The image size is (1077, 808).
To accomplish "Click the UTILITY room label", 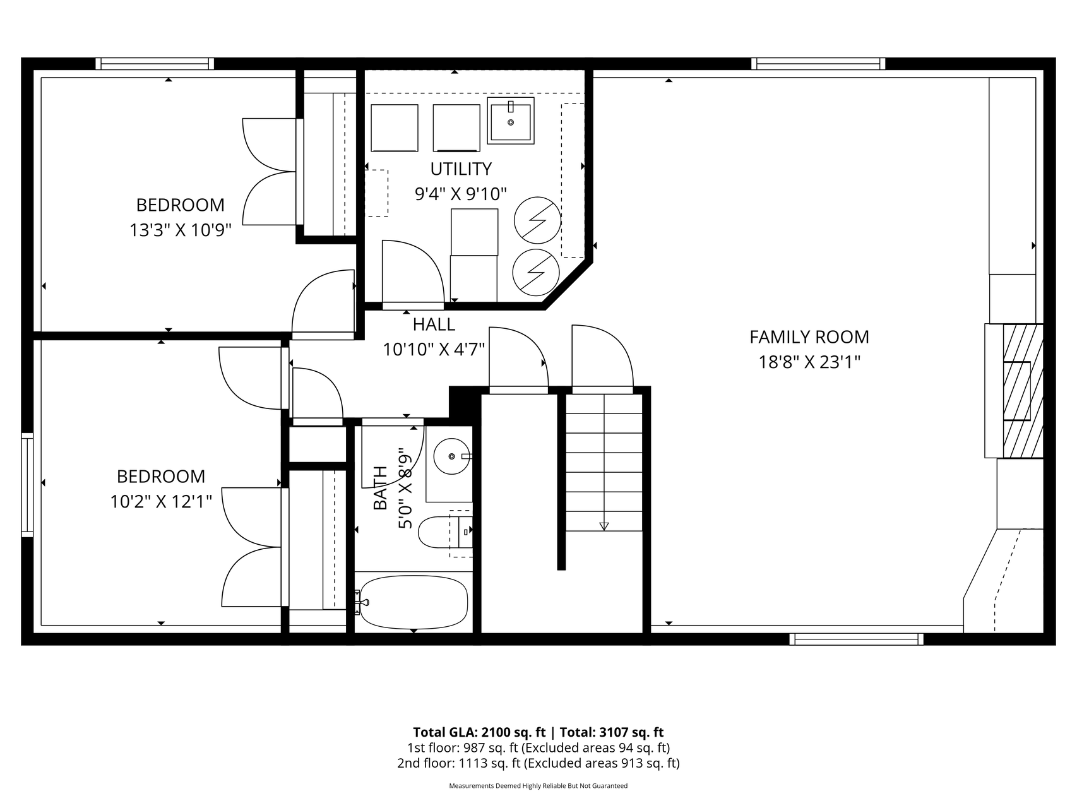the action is [x=461, y=169].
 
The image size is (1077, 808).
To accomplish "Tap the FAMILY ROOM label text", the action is [x=809, y=337].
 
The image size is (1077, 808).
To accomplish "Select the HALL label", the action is [x=434, y=324].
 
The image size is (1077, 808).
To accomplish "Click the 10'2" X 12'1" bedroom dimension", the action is [x=161, y=502].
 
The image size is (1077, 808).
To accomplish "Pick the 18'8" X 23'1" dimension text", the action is [x=809, y=362].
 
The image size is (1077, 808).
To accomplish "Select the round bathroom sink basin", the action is [x=451, y=456].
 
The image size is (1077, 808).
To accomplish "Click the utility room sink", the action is [x=511, y=120].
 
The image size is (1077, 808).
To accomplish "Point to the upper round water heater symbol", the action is [x=537, y=220].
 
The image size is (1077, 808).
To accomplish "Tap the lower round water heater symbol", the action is [x=535, y=271].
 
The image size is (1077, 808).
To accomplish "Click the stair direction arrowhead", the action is [x=604, y=526].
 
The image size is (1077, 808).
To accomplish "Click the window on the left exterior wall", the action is [x=27, y=485].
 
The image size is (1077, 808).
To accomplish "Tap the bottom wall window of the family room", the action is [x=856, y=639].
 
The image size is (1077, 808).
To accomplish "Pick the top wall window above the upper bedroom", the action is [x=155, y=64].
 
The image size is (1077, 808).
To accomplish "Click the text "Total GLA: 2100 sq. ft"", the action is [x=479, y=732].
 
